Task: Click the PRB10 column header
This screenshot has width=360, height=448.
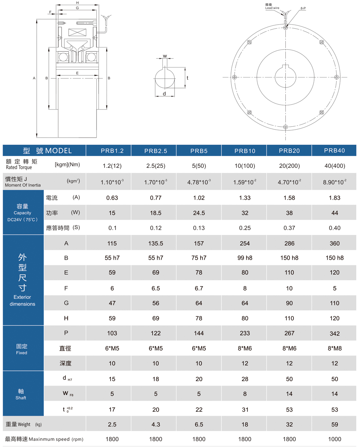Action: pyautogui.click(x=245, y=151)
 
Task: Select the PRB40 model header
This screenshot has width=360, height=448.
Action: pyautogui.click(x=335, y=151)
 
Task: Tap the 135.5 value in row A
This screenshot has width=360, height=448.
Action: pyautogui.click(x=156, y=243)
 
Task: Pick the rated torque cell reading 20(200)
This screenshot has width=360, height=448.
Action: pyautogui.click(x=290, y=166)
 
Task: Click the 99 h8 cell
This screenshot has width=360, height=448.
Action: pyautogui.click(x=245, y=258)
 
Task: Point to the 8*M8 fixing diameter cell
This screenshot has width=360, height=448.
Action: pyautogui.click(x=335, y=348)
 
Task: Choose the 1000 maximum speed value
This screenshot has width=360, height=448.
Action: pyautogui.click(x=335, y=439)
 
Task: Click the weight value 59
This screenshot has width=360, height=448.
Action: pyautogui.click(x=335, y=424)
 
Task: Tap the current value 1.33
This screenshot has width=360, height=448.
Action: pyautogui.click(x=245, y=198)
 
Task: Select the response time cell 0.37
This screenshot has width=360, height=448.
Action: pyautogui.click(x=290, y=228)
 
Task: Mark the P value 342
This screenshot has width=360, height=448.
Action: pyautogui.click(x=335, y=333)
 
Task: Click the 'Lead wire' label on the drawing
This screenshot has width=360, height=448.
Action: pyautogui.click(x=272, y=7)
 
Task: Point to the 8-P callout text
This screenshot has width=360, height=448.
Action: pyautogui.click(x=303, y=8)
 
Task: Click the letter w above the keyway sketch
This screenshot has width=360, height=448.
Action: pyautogui.click(x=165, y=56)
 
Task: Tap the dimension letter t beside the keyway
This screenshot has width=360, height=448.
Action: pyautogui.click(x=187, y=78)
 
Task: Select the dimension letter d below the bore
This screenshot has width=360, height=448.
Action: pyautogui.click(x=164, y=94)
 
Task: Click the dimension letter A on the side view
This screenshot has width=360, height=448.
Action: pyautogui.click(x=34, y=78)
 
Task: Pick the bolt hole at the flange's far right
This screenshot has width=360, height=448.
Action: pyautogui.click(x=336, y=77)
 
